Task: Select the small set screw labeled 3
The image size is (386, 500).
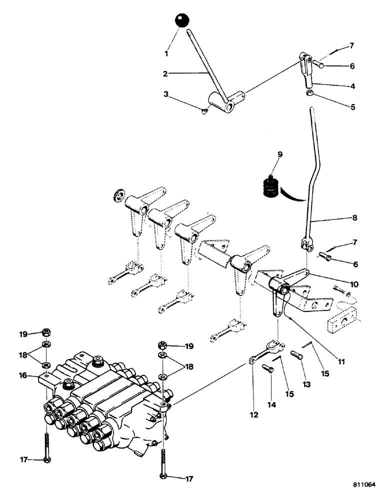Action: click(x=206, y=112)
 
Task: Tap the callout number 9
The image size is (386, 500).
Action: click(x=280, y=155)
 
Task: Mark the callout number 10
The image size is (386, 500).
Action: click(x=353, y=284)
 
